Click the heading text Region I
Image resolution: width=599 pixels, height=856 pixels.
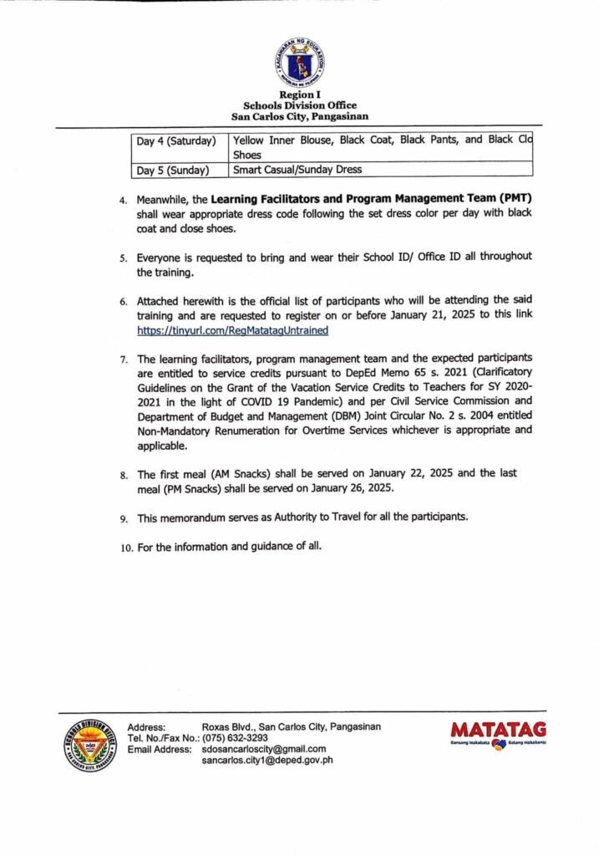coord(299,95)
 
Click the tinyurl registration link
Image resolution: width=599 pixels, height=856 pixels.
coord(233,330)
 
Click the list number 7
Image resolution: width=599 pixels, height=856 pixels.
coord(123,359)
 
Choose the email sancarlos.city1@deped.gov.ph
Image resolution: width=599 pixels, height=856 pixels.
coord(267,761)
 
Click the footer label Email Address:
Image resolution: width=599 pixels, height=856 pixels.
coord(159,749)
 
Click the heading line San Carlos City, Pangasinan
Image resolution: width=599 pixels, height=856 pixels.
coord(299,116)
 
